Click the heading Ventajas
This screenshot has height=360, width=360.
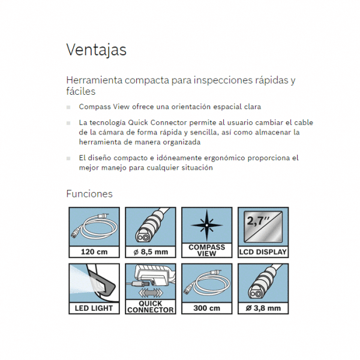click(96, 50)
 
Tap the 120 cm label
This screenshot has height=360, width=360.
click(94, 252)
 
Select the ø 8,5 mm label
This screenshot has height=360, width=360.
click(149, 252)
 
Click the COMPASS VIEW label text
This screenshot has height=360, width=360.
click(206, 250)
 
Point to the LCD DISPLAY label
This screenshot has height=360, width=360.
click(263, 252)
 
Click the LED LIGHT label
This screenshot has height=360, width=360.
click(94, 308)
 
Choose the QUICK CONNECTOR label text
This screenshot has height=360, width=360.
click(151, 307)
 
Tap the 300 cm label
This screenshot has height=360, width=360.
click(206, 308)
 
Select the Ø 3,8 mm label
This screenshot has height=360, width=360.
click(263, 308)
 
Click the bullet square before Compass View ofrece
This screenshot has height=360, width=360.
click(68, 107)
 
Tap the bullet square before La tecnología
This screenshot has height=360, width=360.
click(68, 122)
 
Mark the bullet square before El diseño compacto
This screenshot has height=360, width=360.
click(68, 158)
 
